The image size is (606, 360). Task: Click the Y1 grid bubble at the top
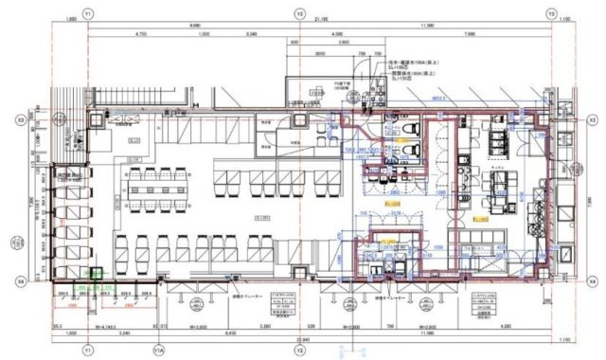tap(87, 14)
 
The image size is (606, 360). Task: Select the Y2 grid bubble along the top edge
tap(299, 14)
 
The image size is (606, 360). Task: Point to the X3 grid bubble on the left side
tap(20, 120)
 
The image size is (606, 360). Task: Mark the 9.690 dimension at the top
tap(193, 27)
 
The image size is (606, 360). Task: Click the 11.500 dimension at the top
tap(425, 27)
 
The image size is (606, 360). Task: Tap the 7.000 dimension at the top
tap(470, 35)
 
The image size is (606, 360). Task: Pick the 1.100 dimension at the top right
tap(565, 27)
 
